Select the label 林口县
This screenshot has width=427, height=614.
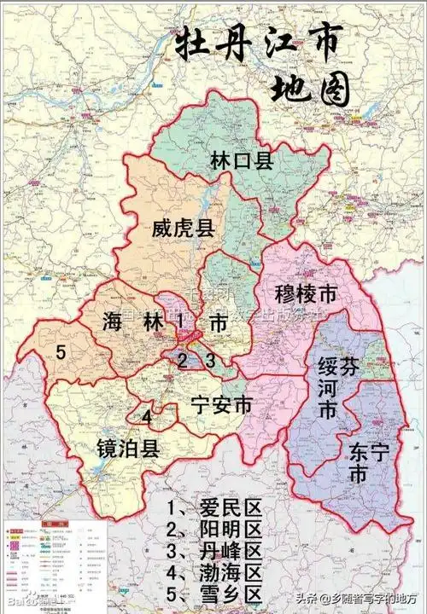click(242, 160)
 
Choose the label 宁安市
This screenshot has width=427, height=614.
click(221, 405)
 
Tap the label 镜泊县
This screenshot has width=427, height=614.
click(127, 449)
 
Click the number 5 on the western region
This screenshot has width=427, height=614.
click(61, 351)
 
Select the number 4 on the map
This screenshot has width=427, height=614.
click(147, 417)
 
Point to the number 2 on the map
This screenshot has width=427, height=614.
click(182, 360)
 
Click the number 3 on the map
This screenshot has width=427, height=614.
click(209, 360)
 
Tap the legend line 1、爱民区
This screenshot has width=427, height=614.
click(213, 509)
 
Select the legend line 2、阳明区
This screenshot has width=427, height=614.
click(213, 529)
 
